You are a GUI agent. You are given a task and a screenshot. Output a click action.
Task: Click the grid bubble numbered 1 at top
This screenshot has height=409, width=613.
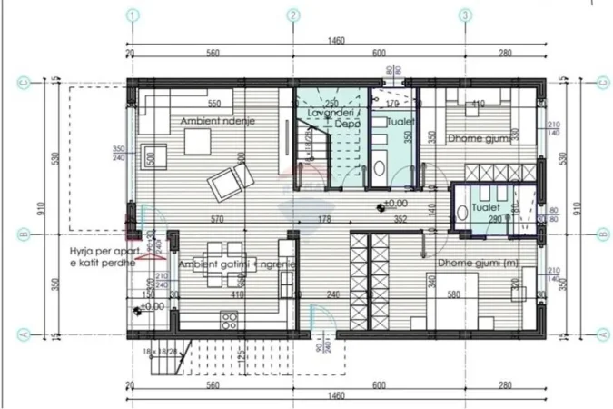[x=134, y=15]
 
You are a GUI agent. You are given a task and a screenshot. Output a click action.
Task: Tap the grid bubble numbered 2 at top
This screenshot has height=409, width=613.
[x=294, y=15]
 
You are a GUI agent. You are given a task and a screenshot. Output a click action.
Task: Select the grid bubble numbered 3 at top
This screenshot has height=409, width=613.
[x=465, y=15]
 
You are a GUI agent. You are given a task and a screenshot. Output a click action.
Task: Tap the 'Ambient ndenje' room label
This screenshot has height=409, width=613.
[x=217, y=121]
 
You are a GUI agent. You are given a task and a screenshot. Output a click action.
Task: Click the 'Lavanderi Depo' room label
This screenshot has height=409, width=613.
[x=331, y=117]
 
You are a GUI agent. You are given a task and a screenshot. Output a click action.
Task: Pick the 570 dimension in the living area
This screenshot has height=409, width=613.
[x=216, y=219]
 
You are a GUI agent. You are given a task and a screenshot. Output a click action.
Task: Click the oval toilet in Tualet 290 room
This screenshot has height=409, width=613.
[x=461, y=212]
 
